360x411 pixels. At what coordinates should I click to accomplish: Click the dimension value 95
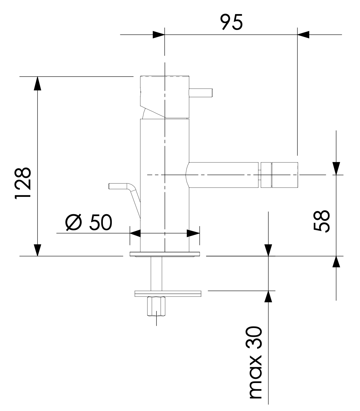[x=231, y=22]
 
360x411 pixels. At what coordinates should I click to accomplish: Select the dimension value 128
[x=23, y=183]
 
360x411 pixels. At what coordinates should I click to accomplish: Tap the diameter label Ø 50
[x=89, y=222]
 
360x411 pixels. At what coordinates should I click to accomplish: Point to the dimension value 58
[x=322, y=221]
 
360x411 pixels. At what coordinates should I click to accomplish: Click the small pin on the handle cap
[x=201, y=93]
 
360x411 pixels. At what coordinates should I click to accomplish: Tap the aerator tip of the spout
[x=285, y=175]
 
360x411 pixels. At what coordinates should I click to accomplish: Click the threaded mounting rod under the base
[x=156, y=274]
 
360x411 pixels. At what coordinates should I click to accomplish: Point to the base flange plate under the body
[x=165, y=254]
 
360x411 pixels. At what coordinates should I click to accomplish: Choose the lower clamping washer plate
[x=168, y=294]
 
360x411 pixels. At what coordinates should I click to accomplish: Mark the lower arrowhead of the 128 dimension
[x=38, y=250]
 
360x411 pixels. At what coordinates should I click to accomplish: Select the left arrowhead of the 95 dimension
[x=158, y=35]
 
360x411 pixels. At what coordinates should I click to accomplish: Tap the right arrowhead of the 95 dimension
[x=303, y=35]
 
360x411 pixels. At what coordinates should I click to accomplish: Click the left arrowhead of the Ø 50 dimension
[x=135, y=233]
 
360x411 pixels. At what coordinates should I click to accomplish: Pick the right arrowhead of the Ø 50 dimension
[x=193, y=233]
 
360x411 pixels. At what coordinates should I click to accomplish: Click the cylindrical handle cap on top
[x=165, y=97]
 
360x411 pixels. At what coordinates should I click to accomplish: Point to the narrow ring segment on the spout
[x=266, y=175]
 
